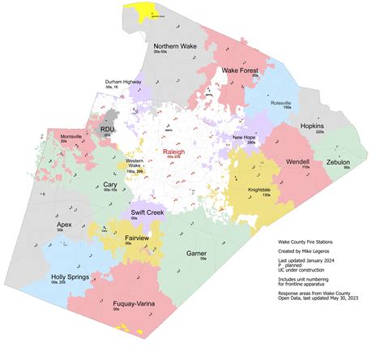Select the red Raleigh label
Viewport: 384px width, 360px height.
click(x=174, y=151)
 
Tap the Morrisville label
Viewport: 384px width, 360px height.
click(x=62, y=135)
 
